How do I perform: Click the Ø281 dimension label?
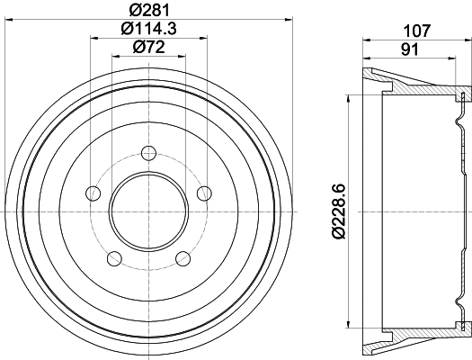tap(148, 9)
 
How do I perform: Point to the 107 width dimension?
tap(416, 28)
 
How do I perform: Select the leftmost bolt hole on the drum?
tap(91, 192)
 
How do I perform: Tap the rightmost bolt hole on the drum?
tap(204, 192)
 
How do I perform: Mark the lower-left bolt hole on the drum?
tap(113, 259)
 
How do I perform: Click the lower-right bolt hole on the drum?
tap(183, 259)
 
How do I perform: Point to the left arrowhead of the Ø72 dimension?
tap(113, 56)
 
